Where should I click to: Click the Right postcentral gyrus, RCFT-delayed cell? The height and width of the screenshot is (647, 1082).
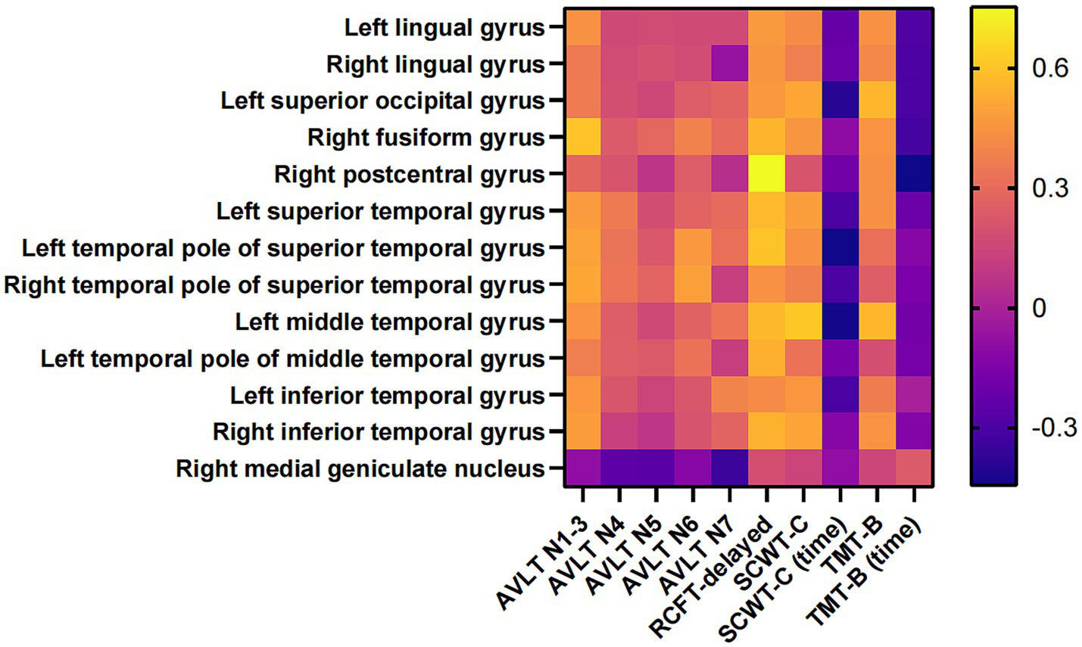point(767,174)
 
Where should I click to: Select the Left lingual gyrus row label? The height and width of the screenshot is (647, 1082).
point(444,28)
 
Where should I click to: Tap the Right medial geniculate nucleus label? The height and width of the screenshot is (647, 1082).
point(360,469)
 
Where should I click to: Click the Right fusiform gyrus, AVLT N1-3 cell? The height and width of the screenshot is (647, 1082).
point(583,138)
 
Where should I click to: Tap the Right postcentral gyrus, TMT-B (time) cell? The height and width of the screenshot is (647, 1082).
point(915,174)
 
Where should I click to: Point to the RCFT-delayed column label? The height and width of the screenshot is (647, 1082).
point(716,576)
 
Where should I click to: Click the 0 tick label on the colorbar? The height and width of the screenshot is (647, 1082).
point(1040,309)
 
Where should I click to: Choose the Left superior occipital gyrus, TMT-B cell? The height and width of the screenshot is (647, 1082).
point(878,101)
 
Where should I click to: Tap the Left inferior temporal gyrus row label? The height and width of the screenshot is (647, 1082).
point(388,396)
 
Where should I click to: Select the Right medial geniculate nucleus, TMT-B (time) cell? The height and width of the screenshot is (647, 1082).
point(915,468)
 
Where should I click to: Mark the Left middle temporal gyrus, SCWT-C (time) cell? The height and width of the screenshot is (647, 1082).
point(840,322)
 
